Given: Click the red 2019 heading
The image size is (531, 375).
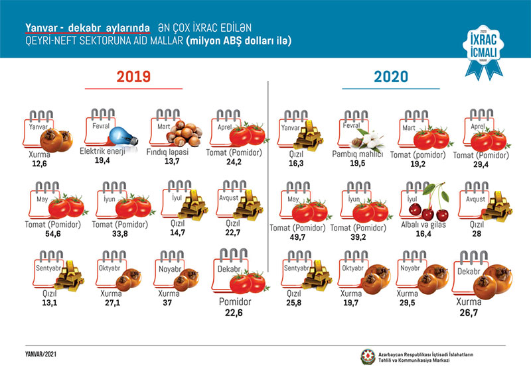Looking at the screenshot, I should pos(133,76).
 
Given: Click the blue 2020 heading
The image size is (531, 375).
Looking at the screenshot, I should pos(392,77).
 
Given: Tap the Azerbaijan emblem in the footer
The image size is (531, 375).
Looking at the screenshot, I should pos(366,356).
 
